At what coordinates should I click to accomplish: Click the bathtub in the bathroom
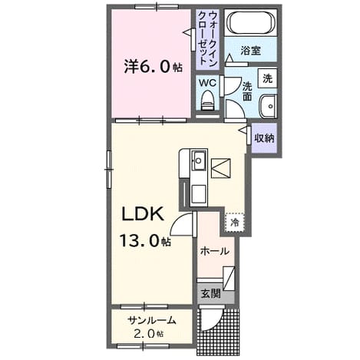251,22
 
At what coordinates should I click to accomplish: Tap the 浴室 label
250,51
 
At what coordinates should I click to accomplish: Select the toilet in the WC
207,101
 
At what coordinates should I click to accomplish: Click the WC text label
208,83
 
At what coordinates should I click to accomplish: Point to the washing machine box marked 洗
267,78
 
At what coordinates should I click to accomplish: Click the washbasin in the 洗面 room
268,106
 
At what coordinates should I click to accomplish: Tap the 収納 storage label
264,138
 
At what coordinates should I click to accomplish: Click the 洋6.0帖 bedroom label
153,66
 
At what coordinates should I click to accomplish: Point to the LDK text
143,214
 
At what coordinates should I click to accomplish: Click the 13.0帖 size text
145,240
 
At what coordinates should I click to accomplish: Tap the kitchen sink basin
199,160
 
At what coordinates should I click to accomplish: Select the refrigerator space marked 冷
235,223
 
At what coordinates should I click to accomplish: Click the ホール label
214,251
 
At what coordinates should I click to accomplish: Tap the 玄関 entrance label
210,293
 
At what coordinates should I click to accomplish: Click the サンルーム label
152,320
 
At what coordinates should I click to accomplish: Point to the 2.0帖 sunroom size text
149,333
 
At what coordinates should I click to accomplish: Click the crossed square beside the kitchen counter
220,168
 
